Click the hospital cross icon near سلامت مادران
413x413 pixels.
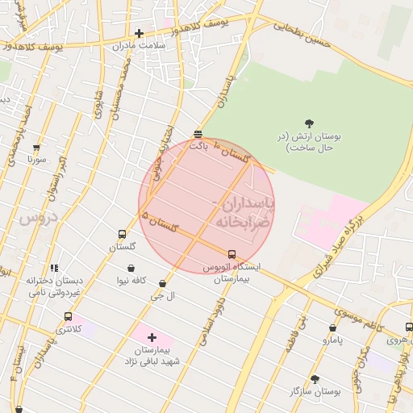140,34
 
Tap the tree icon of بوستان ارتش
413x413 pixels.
310,123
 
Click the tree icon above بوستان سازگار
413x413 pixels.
315,378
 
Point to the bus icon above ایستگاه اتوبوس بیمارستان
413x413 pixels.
232,254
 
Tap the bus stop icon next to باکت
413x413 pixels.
198,134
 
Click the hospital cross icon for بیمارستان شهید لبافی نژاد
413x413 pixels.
152,337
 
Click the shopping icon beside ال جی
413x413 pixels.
163,283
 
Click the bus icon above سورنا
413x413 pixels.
36,148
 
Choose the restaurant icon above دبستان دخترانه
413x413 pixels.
54,268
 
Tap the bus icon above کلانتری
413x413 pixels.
68,317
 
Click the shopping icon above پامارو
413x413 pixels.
333,328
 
